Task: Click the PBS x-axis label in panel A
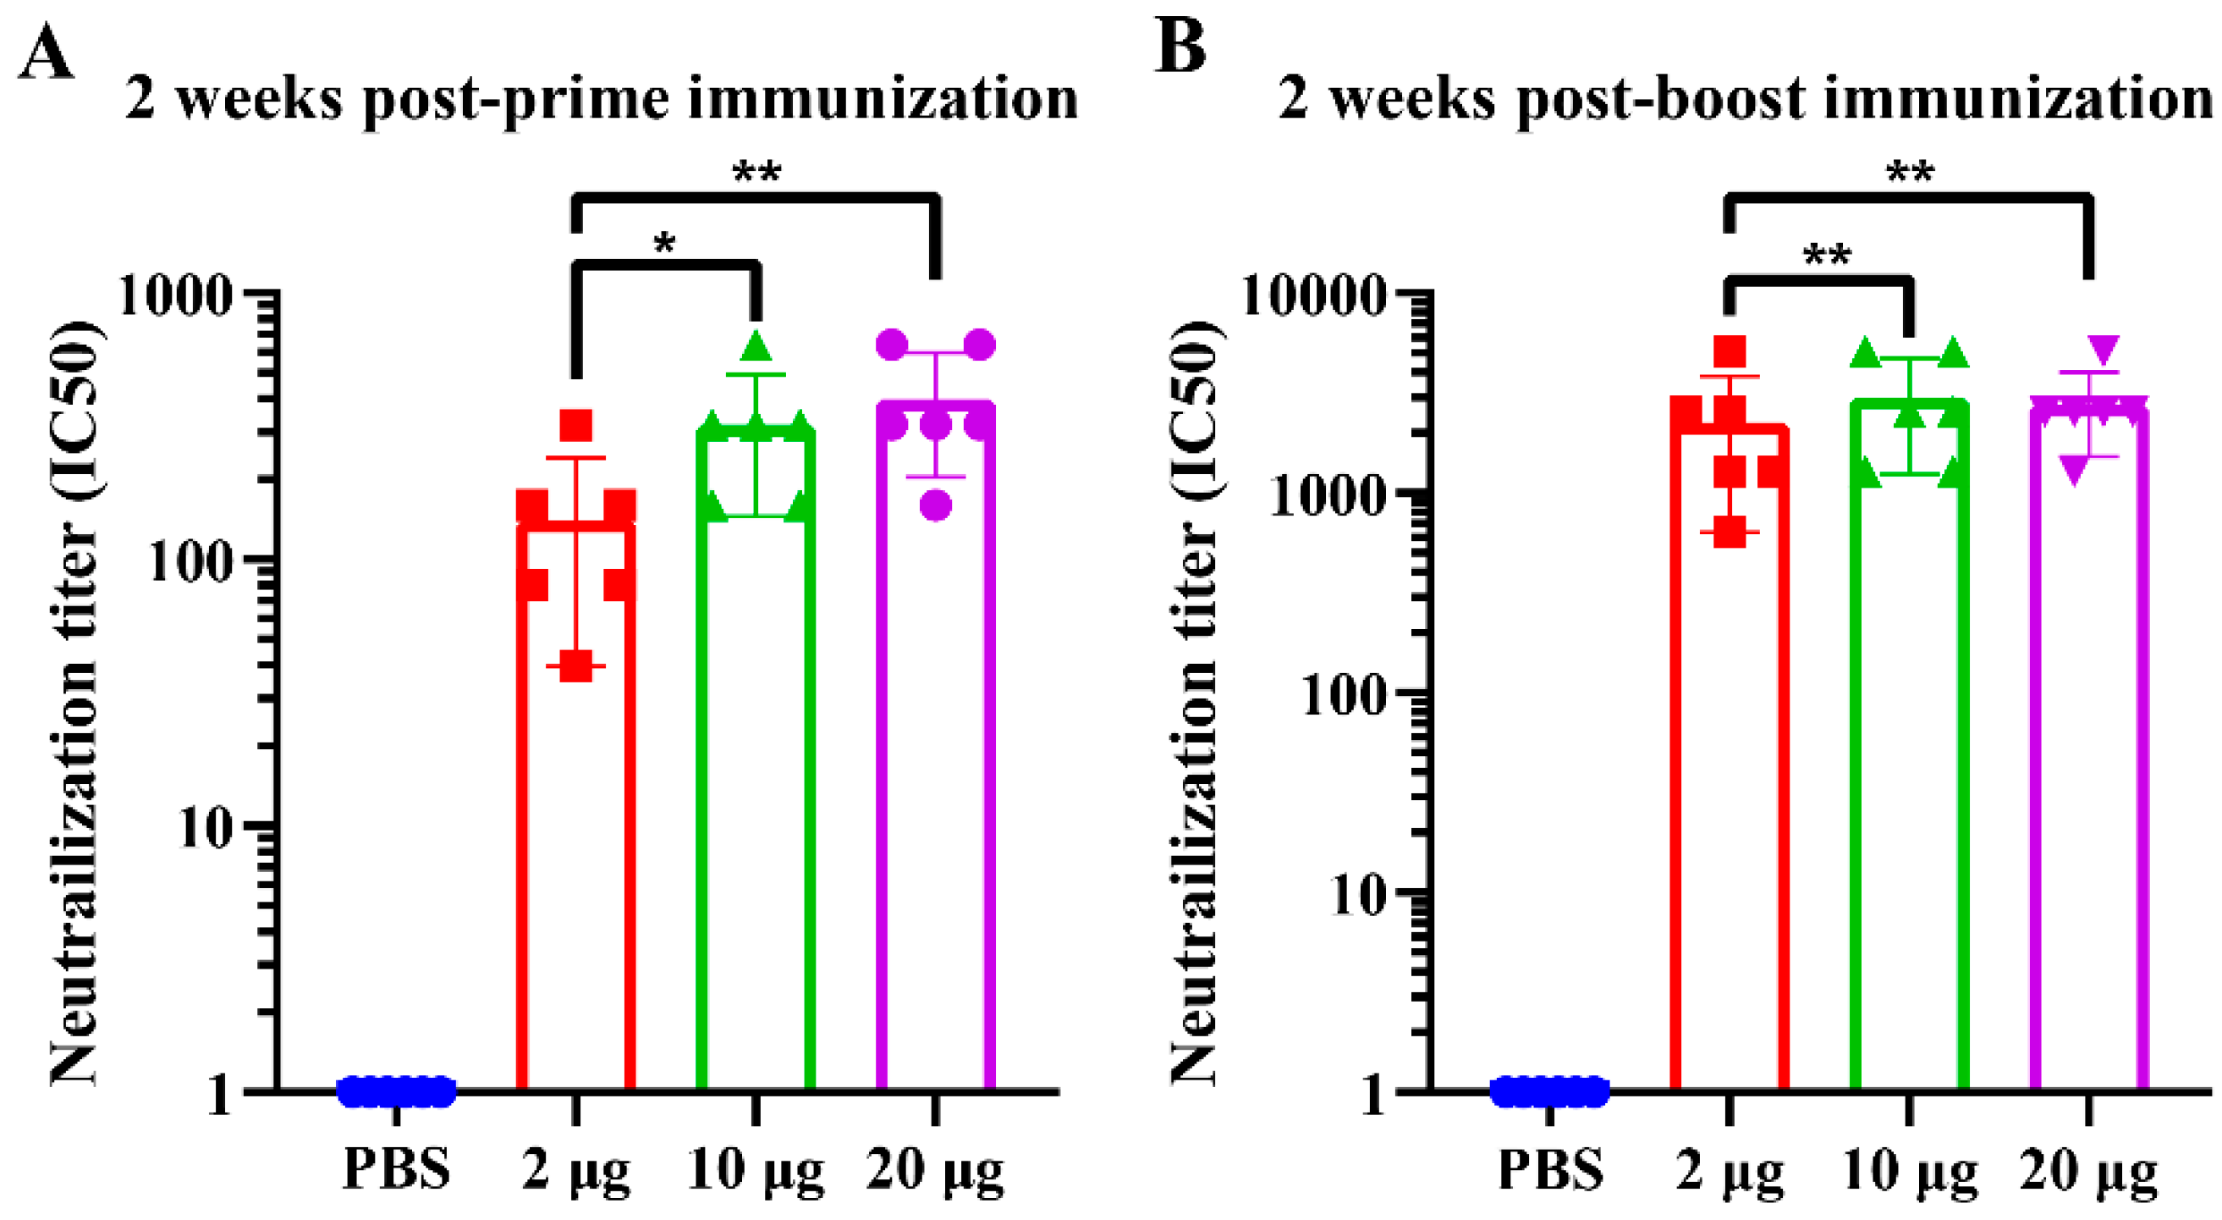(396, 1171)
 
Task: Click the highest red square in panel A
(576, 425)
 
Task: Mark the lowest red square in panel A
(575, 666)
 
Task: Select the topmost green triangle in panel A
(756, 347)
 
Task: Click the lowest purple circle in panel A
(936, 505)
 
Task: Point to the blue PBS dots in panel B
(1550, 1091)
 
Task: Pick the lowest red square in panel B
(1730, 532)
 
